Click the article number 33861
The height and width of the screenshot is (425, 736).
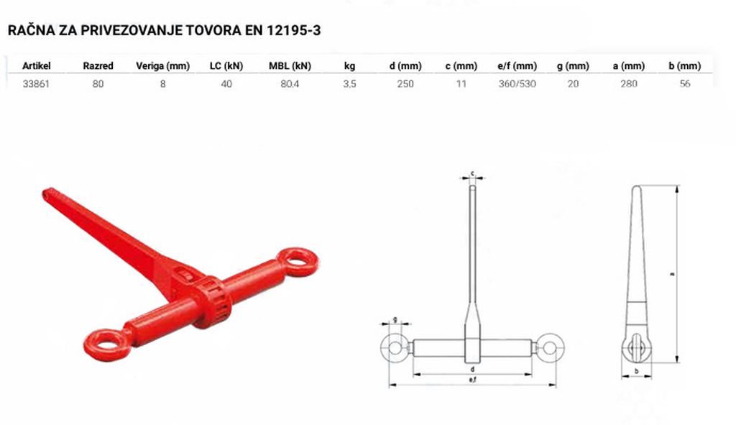click(x=36, y=84)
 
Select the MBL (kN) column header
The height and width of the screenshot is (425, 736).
click(x=290, y=66)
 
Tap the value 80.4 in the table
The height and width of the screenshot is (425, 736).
click(x=290, y=84)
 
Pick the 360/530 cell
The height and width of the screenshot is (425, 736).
click(x=517, y=84)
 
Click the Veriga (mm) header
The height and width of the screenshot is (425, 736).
click(x=162, y=66)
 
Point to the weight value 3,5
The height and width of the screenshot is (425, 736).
click(x=349, y=84)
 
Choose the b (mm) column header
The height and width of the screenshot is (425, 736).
click(x=685, y=66)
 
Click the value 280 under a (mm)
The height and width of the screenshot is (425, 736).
click(x=628, y=84)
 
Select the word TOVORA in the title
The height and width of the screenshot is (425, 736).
click(x=213, y=30)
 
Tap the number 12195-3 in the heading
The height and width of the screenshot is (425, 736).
click(x=294, y=30)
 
